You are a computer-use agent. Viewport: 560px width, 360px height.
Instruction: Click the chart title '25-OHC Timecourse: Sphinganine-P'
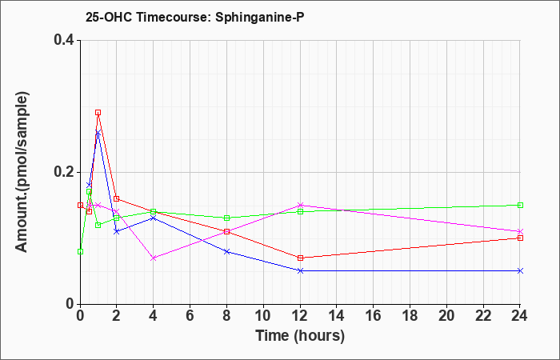click(194, 17)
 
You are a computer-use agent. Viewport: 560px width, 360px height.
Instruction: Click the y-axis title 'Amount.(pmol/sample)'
click(22, 172)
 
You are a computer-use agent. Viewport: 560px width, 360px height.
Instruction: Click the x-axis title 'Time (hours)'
click(300, 336)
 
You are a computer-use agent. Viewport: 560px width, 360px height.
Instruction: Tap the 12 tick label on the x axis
click(300, 316)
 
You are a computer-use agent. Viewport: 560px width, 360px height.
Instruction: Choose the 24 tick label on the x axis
click(520, 316)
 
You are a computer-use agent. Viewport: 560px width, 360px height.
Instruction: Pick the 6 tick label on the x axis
click(190, 316)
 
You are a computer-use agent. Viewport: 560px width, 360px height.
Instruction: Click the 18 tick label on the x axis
click(410, 316)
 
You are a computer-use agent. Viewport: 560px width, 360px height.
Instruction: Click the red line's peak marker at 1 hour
click(98, 113)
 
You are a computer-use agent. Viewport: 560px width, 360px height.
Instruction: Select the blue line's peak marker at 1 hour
click(98, 133)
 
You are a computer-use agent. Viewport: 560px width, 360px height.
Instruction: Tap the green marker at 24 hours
click(520, 205)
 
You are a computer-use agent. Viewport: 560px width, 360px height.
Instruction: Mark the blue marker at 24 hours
click(520, 270)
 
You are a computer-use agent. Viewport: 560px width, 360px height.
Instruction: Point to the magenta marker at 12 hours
click(300, 205)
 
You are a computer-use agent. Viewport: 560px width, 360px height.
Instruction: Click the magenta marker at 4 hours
click(154, 258)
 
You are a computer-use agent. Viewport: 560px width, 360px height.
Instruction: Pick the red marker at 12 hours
click(300, 258)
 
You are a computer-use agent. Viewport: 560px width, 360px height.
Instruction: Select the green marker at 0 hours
click(80, 251)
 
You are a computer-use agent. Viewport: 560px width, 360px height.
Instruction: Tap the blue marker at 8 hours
click(226, 251)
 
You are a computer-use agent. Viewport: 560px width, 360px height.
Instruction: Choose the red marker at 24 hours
click(520, 238)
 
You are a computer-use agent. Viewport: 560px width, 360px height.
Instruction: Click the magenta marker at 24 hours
click(520, 231)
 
